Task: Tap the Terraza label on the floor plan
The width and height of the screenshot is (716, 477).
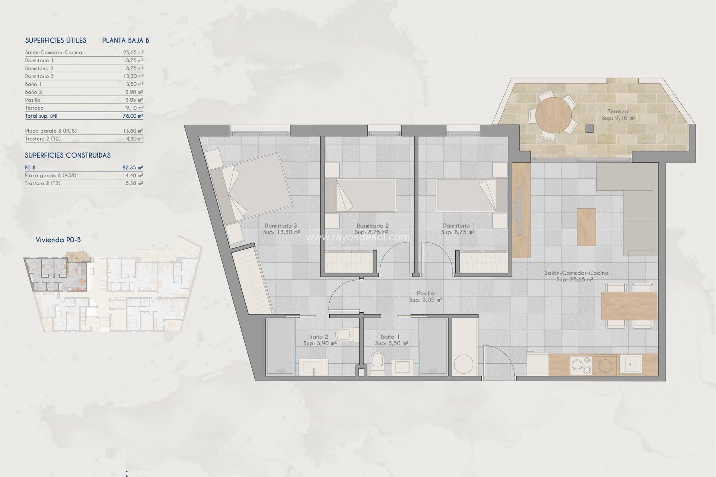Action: tap(618, 111)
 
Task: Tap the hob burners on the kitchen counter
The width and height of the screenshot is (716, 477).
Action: tap(581, 365)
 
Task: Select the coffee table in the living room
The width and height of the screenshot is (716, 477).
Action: tap(586, 227)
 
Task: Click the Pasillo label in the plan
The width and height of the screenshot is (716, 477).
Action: tap(425, 294)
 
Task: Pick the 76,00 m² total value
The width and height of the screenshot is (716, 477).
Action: tap(133, 116)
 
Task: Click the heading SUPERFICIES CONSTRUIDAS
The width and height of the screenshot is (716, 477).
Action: tap(67, 155)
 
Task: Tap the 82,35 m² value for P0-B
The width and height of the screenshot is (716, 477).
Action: tap(133, 168)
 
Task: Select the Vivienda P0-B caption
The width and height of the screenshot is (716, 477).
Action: tap(58, 240)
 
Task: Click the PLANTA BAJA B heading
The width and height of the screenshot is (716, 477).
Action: tap(126, 41)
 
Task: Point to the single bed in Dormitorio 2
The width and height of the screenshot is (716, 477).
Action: tap(360, 196)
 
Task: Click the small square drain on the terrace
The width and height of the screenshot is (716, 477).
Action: tap(590, 129)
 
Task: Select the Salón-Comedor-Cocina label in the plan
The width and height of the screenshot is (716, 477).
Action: tap(576, 273)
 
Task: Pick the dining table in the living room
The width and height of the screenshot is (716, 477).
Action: tap(629, 306)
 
